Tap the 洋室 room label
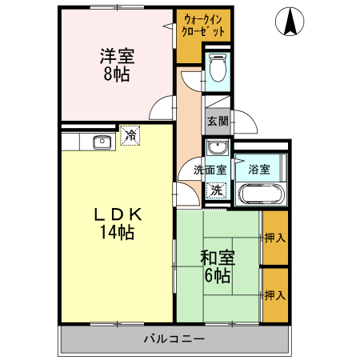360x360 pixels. (x=117, y=58)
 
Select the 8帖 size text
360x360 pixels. (x=116, y=75)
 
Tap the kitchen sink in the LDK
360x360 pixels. (x=102, y=142)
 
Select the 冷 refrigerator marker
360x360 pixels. (x=130, y=137)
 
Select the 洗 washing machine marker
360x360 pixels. (x=216, y=190)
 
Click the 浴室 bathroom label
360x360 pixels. (x=258, y=170)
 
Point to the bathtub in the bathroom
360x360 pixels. (x=261, y=193)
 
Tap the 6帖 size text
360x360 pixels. (x=217, y=276)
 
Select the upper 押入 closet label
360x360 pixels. (x=274, y=238)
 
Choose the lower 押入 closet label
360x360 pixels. (x=274, y=295)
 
